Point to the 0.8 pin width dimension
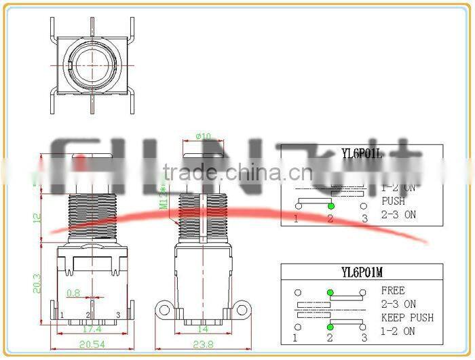(73, 294)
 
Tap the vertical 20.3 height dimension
(37, 283)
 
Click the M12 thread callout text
(164, 197)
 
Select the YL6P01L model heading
(361, 155)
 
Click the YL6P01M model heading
(361, 273)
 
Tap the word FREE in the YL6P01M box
(393, 291)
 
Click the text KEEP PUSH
(407, 318)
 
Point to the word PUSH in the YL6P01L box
(393, 201)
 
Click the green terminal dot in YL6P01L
(330, 205)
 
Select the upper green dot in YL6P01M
(330, 292)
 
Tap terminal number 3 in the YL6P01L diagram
(364, 218)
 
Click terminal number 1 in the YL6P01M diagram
(297, 337)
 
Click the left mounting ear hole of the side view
(164, 311)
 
